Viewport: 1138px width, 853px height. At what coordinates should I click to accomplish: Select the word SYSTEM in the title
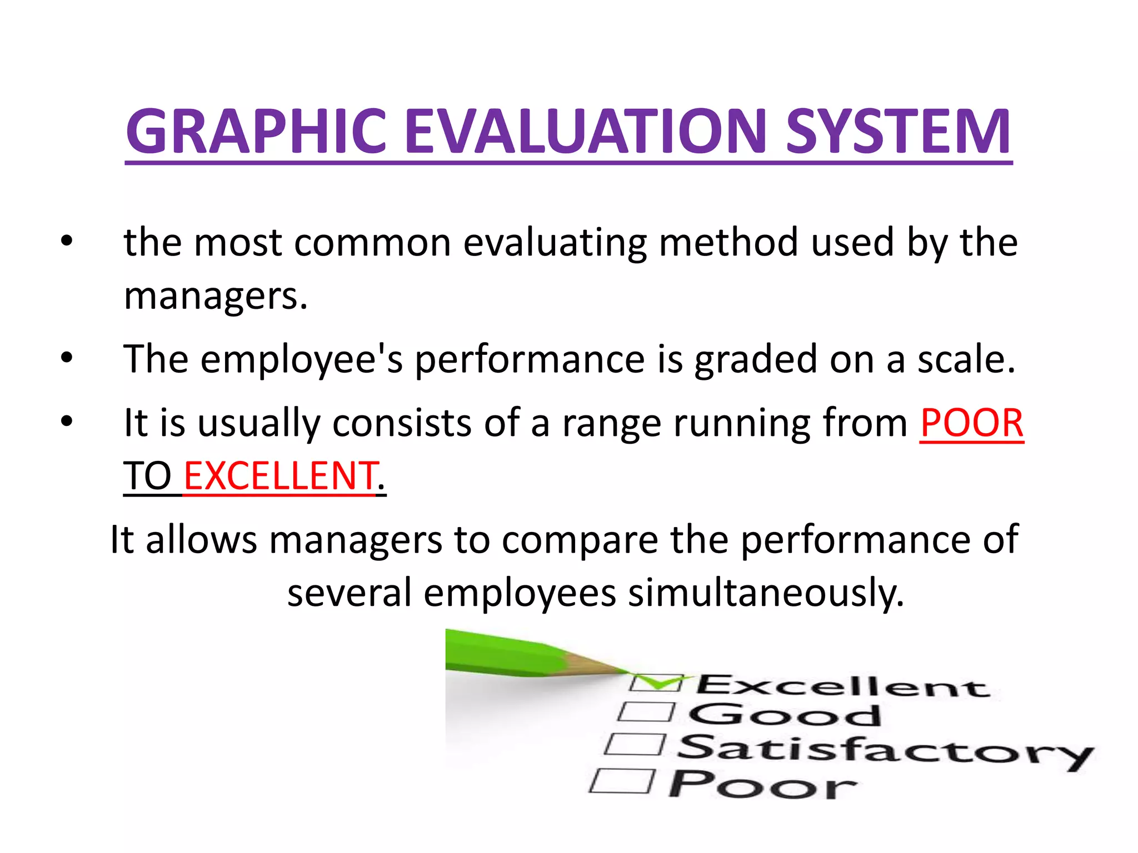tap(899, 132)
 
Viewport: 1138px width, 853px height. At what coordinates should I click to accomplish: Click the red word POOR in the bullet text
tap(971, 423)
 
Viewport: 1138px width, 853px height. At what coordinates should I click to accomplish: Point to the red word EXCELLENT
tap(280, 476)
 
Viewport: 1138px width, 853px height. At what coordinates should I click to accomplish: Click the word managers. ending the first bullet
tap(216, 295)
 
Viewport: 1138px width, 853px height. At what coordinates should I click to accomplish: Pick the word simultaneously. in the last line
tap(766, 593)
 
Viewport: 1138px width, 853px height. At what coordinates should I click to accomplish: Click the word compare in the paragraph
tap(580, 539)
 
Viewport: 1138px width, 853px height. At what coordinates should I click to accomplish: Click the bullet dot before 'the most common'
tap(67, 242)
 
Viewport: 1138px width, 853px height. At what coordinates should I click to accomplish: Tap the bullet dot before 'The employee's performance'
tap(67, 359)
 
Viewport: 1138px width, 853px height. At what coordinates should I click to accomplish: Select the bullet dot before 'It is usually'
tap(67, 422)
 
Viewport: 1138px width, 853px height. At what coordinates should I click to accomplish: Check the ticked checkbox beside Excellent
tap(656, 683)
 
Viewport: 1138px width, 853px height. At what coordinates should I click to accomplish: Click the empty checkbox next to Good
tap(646, 712)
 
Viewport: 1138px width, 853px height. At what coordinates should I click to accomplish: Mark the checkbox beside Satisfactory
tap(635, 744)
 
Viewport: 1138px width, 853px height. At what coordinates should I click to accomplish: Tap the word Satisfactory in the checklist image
tap(884, 750)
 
